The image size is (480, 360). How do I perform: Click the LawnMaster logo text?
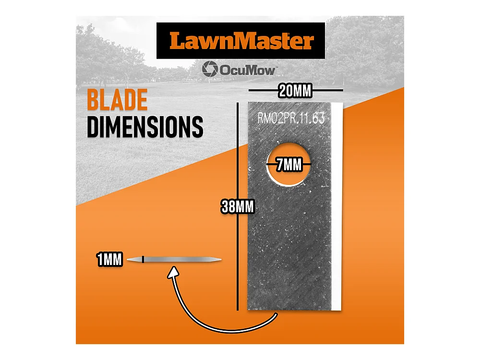click(x=241, y=41)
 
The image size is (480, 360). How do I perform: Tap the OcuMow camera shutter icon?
click(x=210, y=69)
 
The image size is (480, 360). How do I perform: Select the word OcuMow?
click(x=247, y=71)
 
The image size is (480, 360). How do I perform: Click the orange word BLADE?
click(x=117, y=100)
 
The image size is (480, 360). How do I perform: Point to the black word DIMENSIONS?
click(x=145, y=127)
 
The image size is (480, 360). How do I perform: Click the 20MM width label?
click(x=295, y=91)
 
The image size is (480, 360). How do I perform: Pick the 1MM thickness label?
click(x=109, y=260)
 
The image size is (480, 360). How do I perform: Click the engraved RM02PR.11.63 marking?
click(x=291, y=118)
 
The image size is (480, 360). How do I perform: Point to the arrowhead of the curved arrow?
click(x=174, y=273)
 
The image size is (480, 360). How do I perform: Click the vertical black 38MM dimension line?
click(x=238, y=206)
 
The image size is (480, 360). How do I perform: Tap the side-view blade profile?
click(x=174, y=260)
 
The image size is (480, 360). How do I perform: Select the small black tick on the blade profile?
click(x=143, y=260)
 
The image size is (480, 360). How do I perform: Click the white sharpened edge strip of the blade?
click(x=336, y=206)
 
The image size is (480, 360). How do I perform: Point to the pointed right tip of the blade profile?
click(x=221, y=260)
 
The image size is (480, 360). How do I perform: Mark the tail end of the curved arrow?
click(x=276, y=314)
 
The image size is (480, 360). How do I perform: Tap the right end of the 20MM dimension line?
click(x=343, y=90)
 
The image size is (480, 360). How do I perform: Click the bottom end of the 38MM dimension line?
click(x=238, y=311)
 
